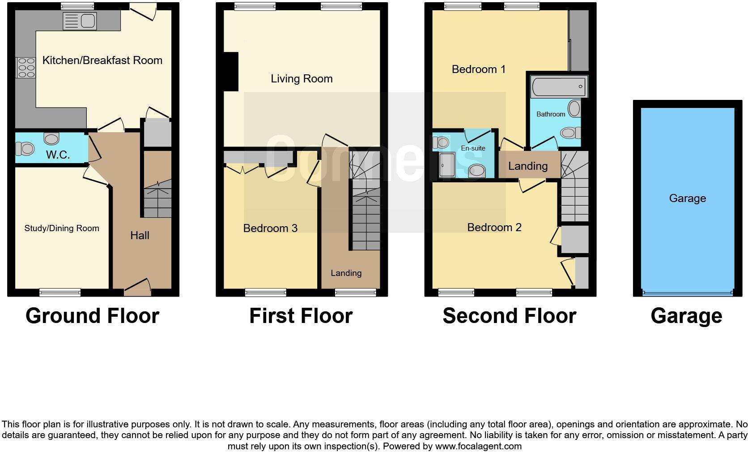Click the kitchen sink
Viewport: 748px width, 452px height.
pyautogui.click(x=80, y=21)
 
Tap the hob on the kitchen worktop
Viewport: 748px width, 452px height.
pyautogui.click(x=26, y=68)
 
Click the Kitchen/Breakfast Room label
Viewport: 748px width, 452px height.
pyautogui.click(x=102, y=60)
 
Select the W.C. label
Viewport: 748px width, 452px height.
pyautogui.click(x=58, y=155)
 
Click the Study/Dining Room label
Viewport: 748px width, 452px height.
pyautogui.click(x=62, y=228)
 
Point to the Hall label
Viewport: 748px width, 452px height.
pyautogui.click(x=140, y=235)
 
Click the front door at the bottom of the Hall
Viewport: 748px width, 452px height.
pyautogui.click(x=138, y=287)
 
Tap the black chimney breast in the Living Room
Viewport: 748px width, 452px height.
pyautogui.click(x=231, y=72)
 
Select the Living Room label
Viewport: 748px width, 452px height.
pyautogui.click(x=302, y=79)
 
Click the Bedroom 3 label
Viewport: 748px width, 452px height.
pyautogui.click(x=270, y=228)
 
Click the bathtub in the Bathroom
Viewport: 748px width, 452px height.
pyautogui.click(x=559, y=86)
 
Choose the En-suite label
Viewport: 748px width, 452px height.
pyautogui.click(x=473, y=148)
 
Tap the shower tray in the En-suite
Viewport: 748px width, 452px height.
pyautogui.click(x=447, y=165)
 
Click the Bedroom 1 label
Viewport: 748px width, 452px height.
pyautogui.click(x=479, y=69)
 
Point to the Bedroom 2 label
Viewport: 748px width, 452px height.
pyautogui.click(x=494, y=227)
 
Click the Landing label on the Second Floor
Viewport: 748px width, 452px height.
pyautogui.click(x=528, y=166)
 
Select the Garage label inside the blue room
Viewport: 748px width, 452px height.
pyautogui.click(x=688, y=198)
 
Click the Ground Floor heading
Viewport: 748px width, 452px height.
pyautogui.click(x=93, y=316)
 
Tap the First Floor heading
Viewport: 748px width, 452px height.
pyautogui.click(x=301, y=316)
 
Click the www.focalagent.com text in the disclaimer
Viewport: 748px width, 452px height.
pyautogui.click(x=478, y=446)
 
